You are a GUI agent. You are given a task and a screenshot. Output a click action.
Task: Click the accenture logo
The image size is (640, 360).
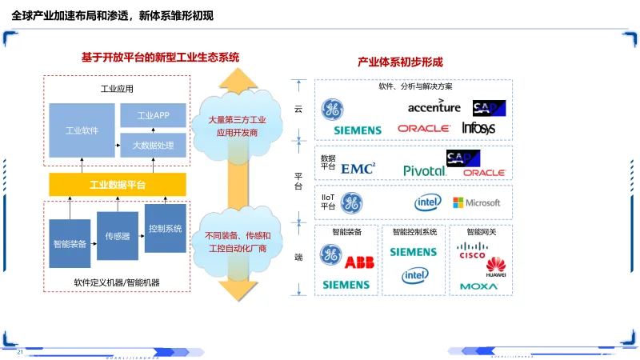[434, 107]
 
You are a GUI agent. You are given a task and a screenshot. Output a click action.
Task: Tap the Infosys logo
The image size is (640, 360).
[478, 127]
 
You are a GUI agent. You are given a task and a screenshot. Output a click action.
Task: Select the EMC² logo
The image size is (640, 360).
[358, 169]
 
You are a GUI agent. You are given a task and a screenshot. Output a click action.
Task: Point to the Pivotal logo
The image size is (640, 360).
[424, 170]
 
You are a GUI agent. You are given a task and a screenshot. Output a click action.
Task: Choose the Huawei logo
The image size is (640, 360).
[496, 267]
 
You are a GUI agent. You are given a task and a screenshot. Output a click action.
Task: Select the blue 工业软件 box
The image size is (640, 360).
[82, 130]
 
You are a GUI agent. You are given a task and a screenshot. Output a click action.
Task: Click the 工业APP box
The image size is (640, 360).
[153, 115]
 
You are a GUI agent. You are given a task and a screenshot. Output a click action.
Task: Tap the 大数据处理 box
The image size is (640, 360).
[153, 145]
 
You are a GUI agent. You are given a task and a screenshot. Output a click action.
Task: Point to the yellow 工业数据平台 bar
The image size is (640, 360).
[117, 184]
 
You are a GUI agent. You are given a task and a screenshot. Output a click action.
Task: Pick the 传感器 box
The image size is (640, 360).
[117, 236]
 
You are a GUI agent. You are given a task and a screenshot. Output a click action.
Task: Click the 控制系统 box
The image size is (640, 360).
[165, 228]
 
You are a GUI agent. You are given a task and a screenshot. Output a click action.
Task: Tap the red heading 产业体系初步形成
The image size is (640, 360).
[400, 62]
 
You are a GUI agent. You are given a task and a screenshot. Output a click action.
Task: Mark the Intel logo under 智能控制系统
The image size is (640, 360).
[414, 276]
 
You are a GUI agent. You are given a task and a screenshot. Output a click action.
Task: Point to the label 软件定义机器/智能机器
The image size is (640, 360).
[117, 282]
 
